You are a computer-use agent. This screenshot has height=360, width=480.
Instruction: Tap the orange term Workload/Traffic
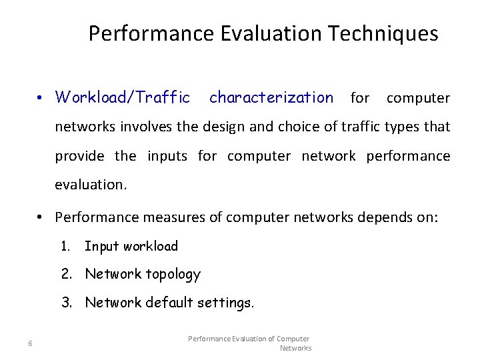(123, 98)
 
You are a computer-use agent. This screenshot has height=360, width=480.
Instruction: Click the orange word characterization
(271, 98)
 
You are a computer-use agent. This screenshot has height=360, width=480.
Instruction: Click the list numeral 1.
(65, 246)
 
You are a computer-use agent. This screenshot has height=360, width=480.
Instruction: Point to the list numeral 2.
(65, 274)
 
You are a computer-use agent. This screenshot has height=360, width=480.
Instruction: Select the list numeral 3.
(67, 303)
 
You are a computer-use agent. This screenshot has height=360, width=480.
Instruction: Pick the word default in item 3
(173, 303)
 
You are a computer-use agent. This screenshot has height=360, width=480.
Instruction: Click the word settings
(227, 303)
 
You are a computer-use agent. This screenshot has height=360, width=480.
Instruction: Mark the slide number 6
(31, 343)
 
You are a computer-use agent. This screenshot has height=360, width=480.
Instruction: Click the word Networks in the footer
(295, 348)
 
